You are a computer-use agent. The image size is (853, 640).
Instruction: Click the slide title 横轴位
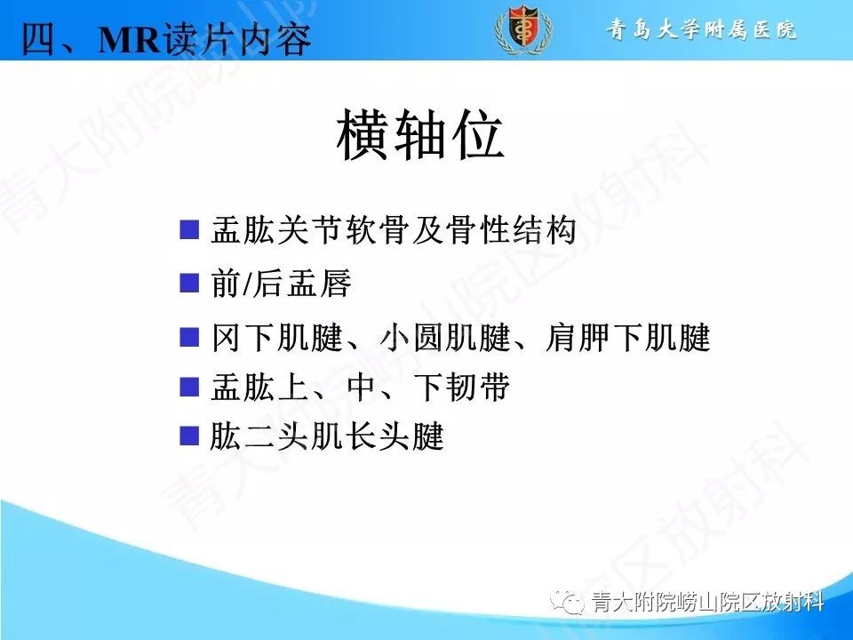421,137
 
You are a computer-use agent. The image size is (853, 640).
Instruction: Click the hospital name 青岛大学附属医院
701,30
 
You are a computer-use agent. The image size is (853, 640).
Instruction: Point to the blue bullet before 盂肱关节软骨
187,230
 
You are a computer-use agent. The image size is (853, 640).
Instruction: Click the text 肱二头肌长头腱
327,437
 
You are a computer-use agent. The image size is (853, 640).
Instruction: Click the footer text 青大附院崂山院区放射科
707,604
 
